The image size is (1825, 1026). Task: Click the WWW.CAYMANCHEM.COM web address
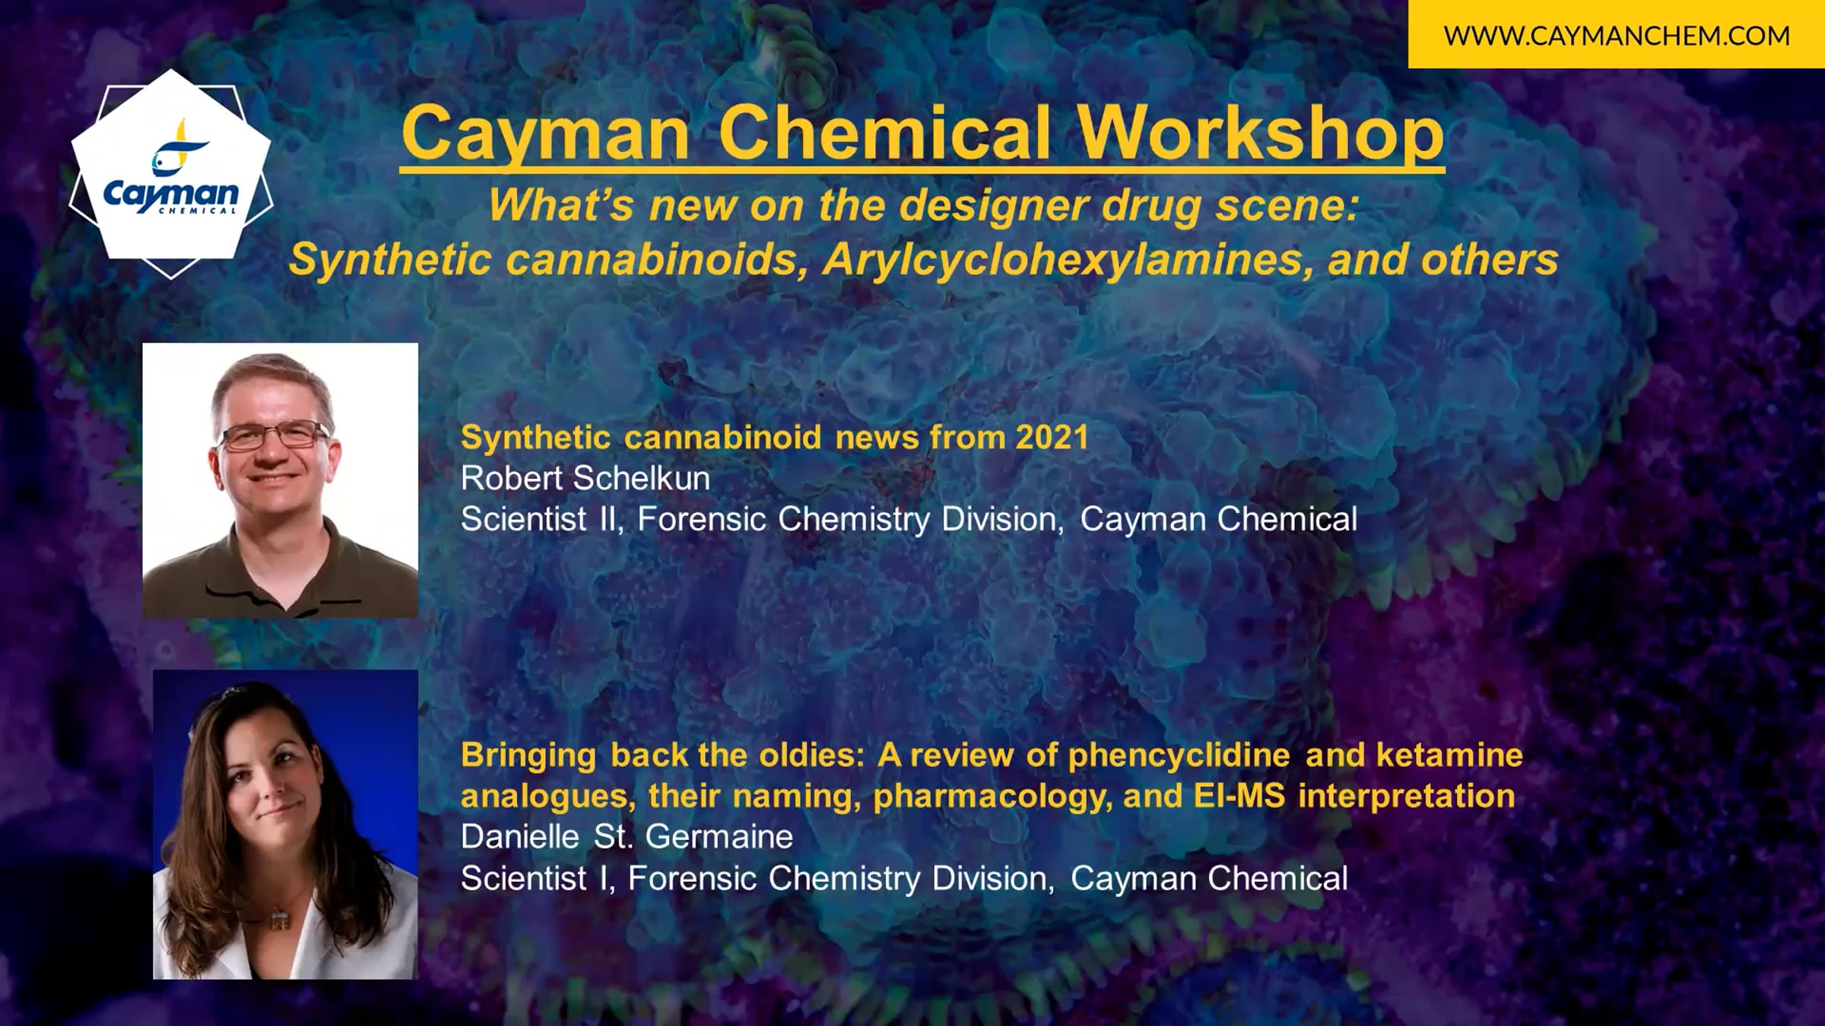[x=1617, y=36]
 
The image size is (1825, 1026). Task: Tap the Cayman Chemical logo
[x=171, y=173]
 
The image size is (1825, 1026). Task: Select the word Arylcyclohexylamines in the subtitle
[x=1068, y=259]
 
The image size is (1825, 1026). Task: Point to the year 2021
[x=1052, y=437]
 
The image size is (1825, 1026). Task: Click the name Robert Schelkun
[x=586, y=478]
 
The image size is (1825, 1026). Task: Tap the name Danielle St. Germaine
[x=627, y=837]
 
